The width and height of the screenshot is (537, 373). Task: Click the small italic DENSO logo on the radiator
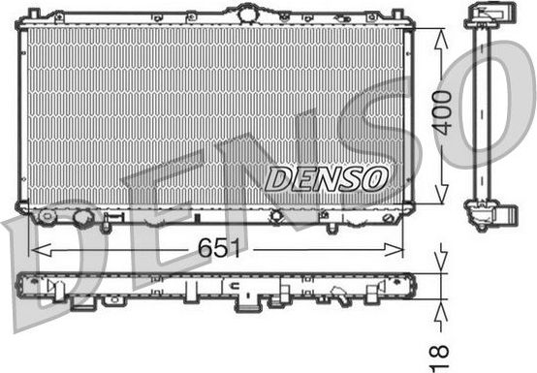click(x=326, y=177)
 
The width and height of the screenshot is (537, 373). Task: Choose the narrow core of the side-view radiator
click(x=484, y=111)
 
